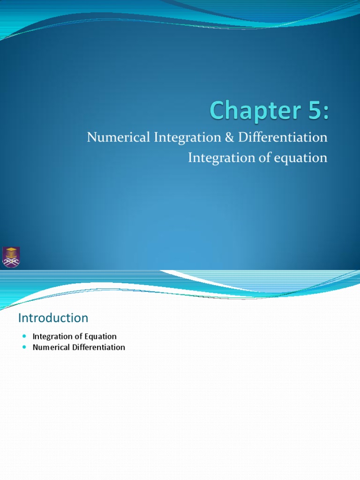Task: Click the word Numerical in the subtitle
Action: [x=116, y=137]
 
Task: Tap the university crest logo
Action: [x=11, y=257]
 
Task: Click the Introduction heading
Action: [x=53, y=318]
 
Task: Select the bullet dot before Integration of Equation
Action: [x=25, y=336]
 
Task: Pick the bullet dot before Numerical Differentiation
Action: [x=25, y=347]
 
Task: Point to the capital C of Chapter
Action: [x=218, y=111]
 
